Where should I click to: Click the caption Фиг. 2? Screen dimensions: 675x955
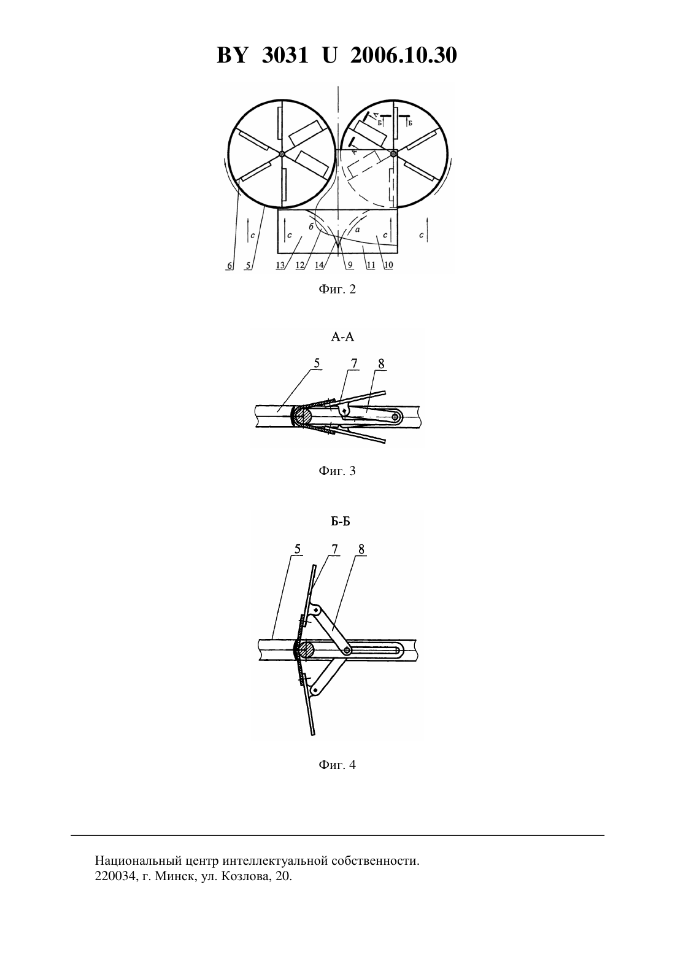337,290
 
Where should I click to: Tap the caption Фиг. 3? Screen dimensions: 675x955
337,471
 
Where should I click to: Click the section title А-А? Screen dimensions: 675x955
342,337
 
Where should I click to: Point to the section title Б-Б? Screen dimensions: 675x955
341,522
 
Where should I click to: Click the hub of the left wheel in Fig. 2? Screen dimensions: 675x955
282,154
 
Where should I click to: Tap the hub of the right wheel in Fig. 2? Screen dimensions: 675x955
393,154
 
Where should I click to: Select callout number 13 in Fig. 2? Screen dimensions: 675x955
280,265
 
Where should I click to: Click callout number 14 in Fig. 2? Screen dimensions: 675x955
319,265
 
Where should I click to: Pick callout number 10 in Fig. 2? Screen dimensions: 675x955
388,265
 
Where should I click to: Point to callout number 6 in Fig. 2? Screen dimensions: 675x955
229,266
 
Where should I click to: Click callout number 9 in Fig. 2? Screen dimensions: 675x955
350,265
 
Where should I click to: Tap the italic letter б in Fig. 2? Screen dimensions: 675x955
311,227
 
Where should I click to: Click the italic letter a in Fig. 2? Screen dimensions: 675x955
357,230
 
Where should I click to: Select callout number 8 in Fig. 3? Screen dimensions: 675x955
381,364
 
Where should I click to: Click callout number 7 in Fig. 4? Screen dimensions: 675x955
335,549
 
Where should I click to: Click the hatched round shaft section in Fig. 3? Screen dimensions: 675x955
302,416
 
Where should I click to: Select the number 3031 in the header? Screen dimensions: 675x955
285,55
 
